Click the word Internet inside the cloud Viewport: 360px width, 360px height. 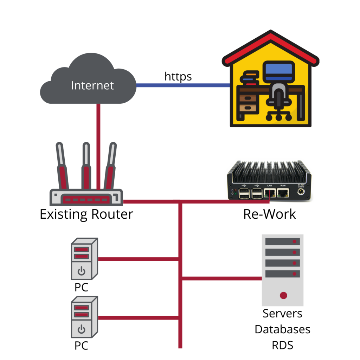pos(92,85)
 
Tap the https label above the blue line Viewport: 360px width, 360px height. pos(178,76)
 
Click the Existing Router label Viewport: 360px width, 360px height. pos(86,214)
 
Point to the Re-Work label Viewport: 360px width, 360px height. pos(270,214)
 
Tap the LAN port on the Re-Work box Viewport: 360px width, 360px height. pos(270,193)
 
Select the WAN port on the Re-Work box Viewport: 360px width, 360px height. pos(283,193)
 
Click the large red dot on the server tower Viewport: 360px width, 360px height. pos(283,295)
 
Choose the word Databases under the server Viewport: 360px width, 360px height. pos(283,329)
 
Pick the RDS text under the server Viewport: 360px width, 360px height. pos(283,345)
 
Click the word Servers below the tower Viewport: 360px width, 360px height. pos(283,313)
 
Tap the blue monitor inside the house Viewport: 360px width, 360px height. pos(278,71)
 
